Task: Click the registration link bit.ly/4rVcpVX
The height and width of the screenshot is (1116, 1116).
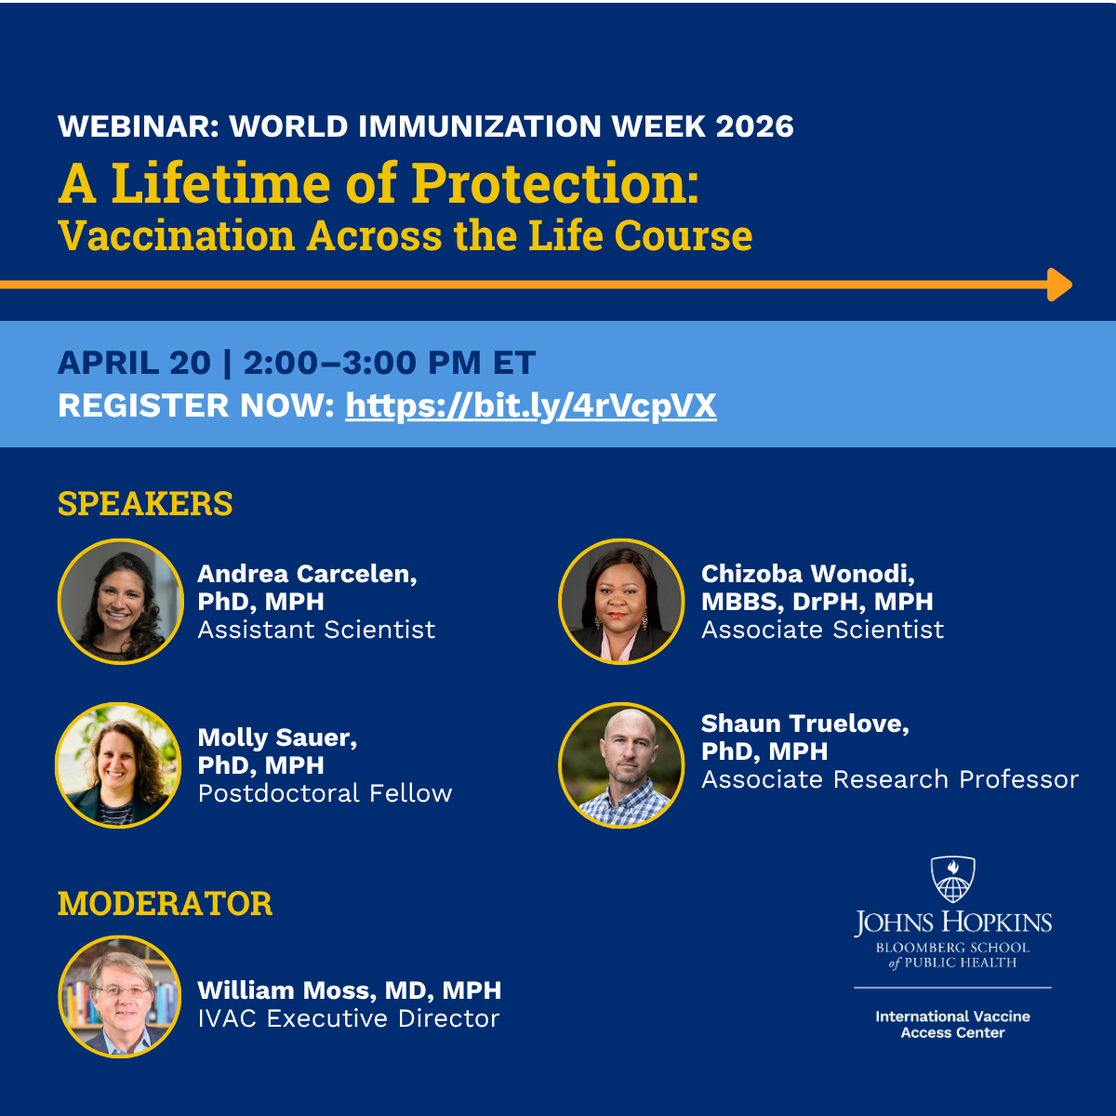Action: point(530,406)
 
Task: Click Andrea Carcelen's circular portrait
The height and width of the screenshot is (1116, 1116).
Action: point(120,602)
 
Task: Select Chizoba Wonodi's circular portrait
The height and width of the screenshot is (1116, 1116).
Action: point(621,602)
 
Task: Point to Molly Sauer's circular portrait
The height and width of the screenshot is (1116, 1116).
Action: point(118,765)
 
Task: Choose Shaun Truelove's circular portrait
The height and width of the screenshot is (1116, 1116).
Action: point(621,765)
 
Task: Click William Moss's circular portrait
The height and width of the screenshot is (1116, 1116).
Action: point(120,997)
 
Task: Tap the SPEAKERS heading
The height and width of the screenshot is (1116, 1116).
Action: point(145,504)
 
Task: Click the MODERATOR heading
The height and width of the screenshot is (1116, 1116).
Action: point(165,904)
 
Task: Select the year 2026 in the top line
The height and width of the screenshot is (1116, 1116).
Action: point(754,126)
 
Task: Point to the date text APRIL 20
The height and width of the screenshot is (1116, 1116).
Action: point(134,363)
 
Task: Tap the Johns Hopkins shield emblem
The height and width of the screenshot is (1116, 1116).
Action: point(952,880)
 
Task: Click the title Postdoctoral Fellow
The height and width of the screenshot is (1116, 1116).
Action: point(325,793)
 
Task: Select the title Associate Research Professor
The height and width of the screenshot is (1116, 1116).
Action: point(889,779)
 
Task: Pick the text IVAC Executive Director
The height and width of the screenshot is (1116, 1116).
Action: point(348,1018)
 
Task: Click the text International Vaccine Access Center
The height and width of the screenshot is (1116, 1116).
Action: point(952,1024)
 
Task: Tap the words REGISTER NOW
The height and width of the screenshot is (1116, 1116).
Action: point(195,406)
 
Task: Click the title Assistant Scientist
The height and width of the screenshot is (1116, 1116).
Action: point(316,630)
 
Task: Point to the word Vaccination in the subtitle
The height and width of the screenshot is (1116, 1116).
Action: point(176,236)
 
